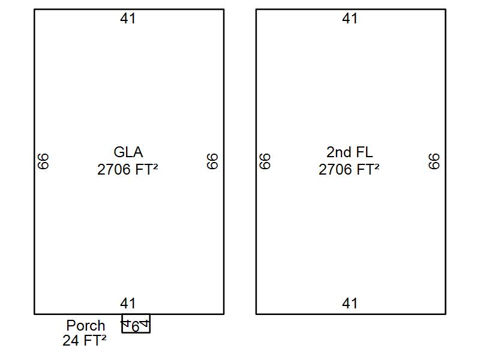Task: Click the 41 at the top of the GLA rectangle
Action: click(128, 19)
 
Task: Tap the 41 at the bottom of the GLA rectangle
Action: click(128, 304)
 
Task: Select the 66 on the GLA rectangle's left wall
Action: click(43, 161)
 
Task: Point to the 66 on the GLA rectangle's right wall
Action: click(212, 161)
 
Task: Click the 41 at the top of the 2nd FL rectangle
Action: click(350, 19)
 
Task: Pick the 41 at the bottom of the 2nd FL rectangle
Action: click(350, 304)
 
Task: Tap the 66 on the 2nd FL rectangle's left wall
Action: click(265, 161)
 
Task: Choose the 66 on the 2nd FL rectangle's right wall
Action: click(434, 161)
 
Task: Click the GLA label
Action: click(128, 152)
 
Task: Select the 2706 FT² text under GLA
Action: click(128, 170)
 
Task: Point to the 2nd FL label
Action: click(350, 152)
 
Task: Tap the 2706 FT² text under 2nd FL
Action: click(349, 170)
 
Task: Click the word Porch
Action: click(86, 325)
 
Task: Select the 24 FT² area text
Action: click(85, 340)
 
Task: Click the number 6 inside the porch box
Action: click(136, 327)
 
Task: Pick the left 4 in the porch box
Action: click(125, 323)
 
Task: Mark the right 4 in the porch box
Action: click(145, 323)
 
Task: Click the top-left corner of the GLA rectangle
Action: click(34, 10)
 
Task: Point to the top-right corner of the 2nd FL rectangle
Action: click(445, 10)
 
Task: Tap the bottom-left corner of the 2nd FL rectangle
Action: click(256, 314)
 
